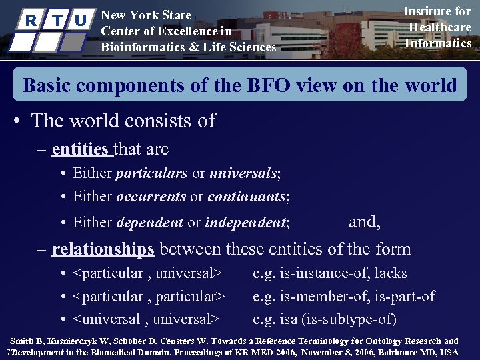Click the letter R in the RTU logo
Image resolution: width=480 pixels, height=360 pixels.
29,21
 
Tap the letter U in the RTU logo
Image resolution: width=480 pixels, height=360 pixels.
81,21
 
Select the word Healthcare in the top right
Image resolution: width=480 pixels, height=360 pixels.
439,27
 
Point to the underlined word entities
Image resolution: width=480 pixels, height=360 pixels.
80,149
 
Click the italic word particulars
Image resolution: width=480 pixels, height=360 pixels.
151,173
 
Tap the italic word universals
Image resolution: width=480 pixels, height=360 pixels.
243,173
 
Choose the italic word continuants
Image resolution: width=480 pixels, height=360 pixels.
247,197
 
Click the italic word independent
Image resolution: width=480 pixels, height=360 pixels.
246,223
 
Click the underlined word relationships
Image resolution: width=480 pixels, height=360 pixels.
103,249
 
